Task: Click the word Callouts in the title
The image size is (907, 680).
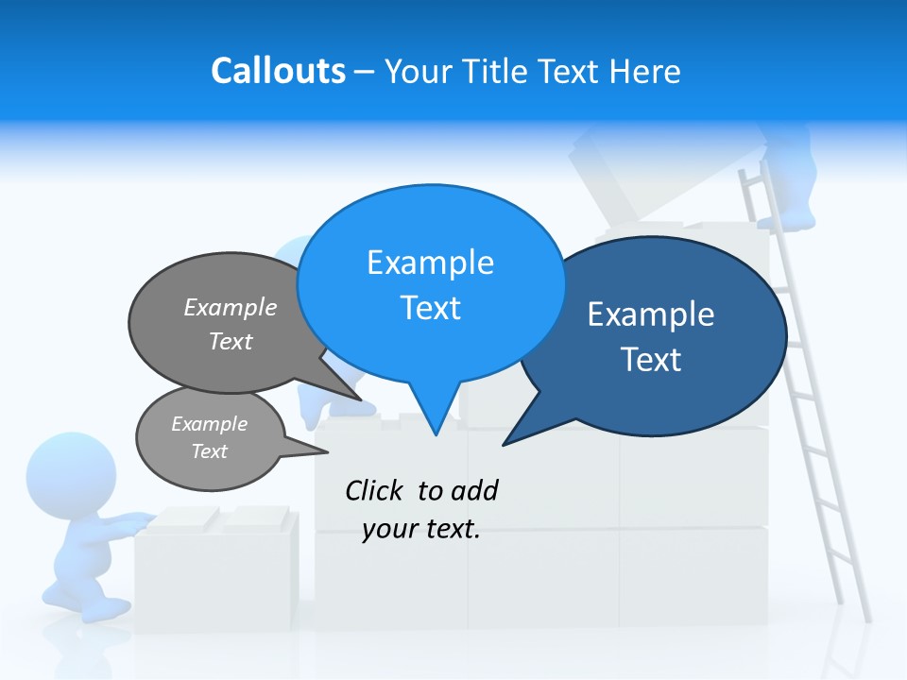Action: pyautogui.click(x=278, y=71)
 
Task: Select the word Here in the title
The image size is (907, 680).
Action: pyautogui.click(x=644, y=71)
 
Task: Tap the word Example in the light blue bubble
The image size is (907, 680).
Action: pyautogui.click(x=430, y=263)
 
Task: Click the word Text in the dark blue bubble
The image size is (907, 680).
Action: pyautogui.click(x=651, y=360)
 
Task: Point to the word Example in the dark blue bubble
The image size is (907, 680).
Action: pyautogui.click(x=651, y=314)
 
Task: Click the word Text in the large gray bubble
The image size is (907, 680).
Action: pyautogui.click(x=231, y=341)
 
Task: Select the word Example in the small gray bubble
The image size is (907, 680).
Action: pyautogui.click(x=209, y=424)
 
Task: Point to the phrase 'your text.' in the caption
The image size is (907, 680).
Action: pyautogui.click(x=421, y=529)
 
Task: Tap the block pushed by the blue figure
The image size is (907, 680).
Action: pyautogui.click(x=217, y=567)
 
